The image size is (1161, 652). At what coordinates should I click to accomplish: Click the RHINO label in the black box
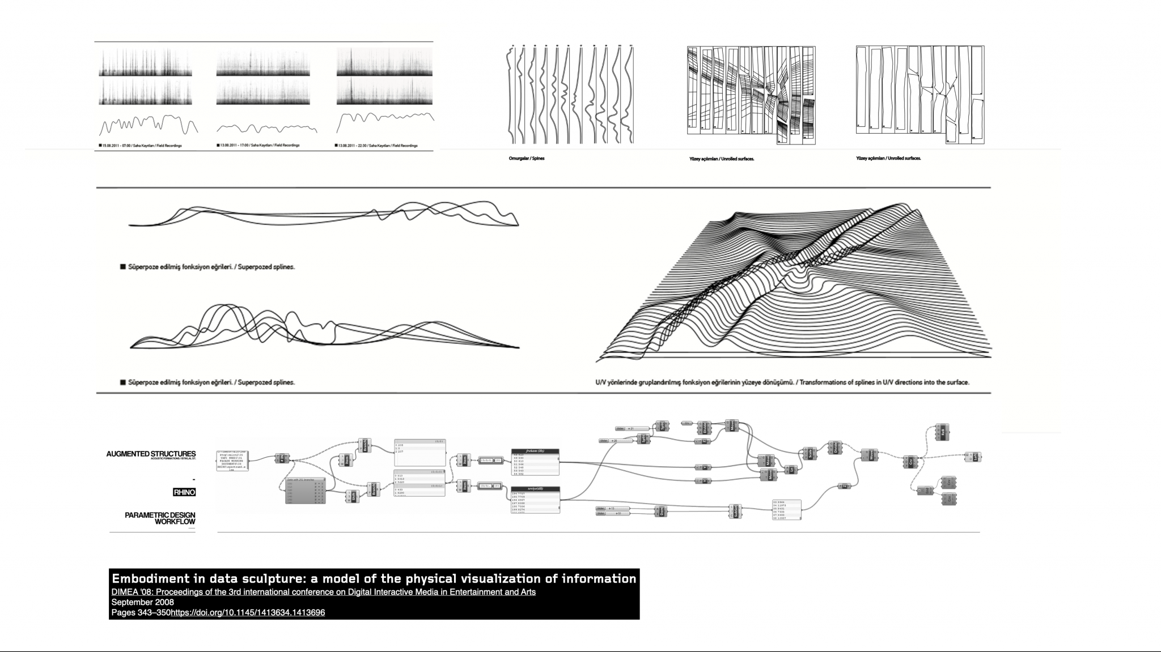click(184, 492)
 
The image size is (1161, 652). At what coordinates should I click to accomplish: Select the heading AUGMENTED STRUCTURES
click(151, 454)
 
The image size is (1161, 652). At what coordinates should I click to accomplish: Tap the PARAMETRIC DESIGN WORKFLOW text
click(160, 518)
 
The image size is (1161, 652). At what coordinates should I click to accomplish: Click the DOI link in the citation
click(248, 612)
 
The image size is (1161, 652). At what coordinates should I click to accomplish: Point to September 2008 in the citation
click(142, 602)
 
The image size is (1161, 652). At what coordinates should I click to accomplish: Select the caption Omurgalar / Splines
click(526, 159)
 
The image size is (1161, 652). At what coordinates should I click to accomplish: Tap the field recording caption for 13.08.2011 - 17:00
click(258, 146)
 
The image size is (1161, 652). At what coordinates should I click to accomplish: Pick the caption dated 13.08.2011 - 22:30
click(376, 146)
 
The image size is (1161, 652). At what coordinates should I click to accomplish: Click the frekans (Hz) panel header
click(535, 451)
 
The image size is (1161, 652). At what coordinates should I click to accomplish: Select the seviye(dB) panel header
click(535, 488)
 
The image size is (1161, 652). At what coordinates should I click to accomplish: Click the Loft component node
click(975, 457)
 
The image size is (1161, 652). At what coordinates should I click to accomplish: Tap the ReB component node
click(942, 431)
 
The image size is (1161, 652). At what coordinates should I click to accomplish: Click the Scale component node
click(810, 454)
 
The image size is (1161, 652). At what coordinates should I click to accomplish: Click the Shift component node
click(353, 497)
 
